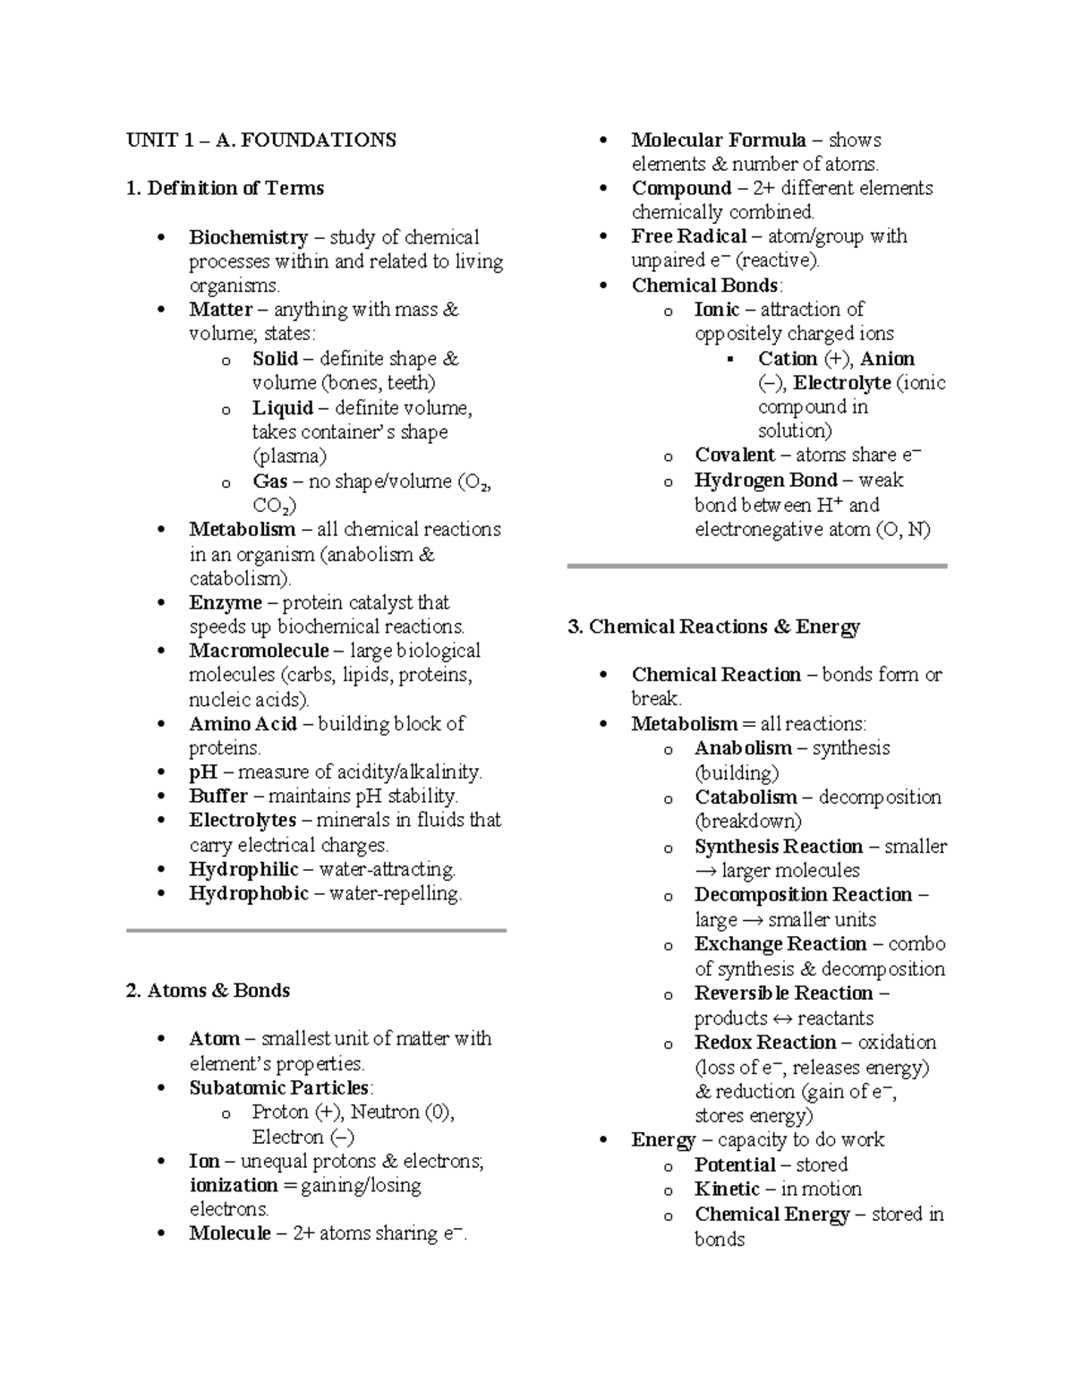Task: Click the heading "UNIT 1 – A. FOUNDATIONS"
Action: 260,140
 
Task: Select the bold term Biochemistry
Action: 248,237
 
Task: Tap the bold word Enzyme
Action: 226,602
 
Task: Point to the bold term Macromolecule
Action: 259,651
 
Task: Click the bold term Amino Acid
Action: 243,723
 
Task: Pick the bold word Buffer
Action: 218,796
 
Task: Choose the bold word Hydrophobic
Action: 249,893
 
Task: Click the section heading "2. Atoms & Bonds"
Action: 208,990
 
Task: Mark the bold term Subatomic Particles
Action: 279,1087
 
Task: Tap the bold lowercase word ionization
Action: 234,1185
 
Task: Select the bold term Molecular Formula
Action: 719,140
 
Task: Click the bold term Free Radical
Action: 688,236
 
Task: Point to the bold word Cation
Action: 788,358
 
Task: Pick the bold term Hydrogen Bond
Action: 765,480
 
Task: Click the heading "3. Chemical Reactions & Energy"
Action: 713,627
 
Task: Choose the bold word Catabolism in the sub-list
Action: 746,797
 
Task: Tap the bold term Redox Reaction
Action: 764,1042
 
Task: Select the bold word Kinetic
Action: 727,1189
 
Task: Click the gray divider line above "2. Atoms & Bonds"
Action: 316,931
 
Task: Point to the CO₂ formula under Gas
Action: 271,506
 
